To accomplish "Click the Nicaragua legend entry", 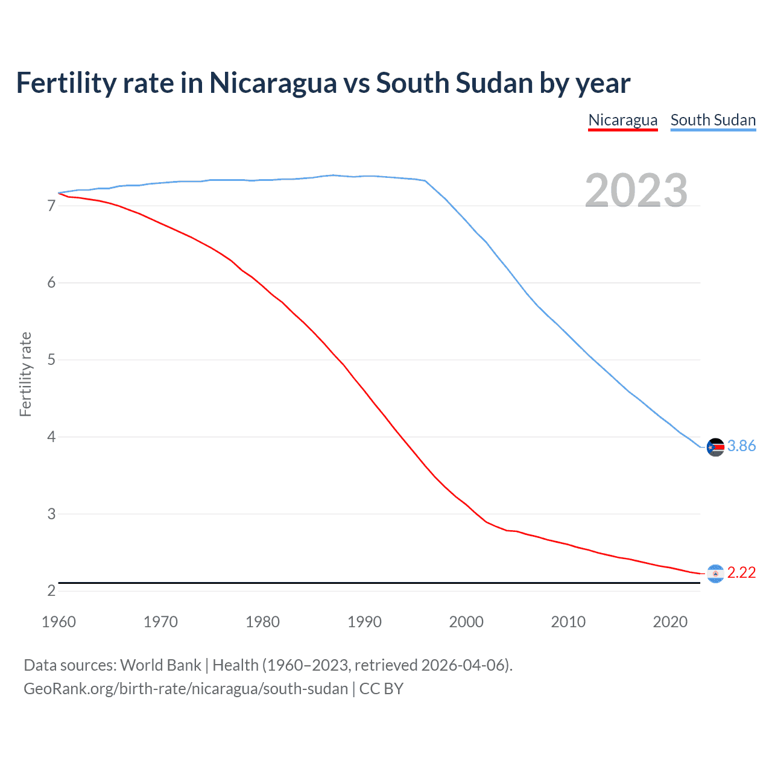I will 622,120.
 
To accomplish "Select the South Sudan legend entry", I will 713,120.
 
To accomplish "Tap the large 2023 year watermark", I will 636,191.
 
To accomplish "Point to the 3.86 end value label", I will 741,446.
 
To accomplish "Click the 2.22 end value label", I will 741,572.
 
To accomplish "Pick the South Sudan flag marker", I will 715,447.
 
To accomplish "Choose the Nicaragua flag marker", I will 715,574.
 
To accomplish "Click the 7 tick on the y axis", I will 51,206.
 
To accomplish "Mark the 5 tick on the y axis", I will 51,360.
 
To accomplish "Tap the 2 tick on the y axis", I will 51,591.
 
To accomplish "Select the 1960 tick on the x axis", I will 59,622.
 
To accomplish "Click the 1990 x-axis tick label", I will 364,622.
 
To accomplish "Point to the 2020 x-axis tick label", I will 670,622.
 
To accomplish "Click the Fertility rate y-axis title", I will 25,374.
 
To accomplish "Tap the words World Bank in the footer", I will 160,665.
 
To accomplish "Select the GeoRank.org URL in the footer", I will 186,689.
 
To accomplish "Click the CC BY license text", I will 381,689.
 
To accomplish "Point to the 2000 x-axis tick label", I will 466,622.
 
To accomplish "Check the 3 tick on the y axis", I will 51,514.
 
